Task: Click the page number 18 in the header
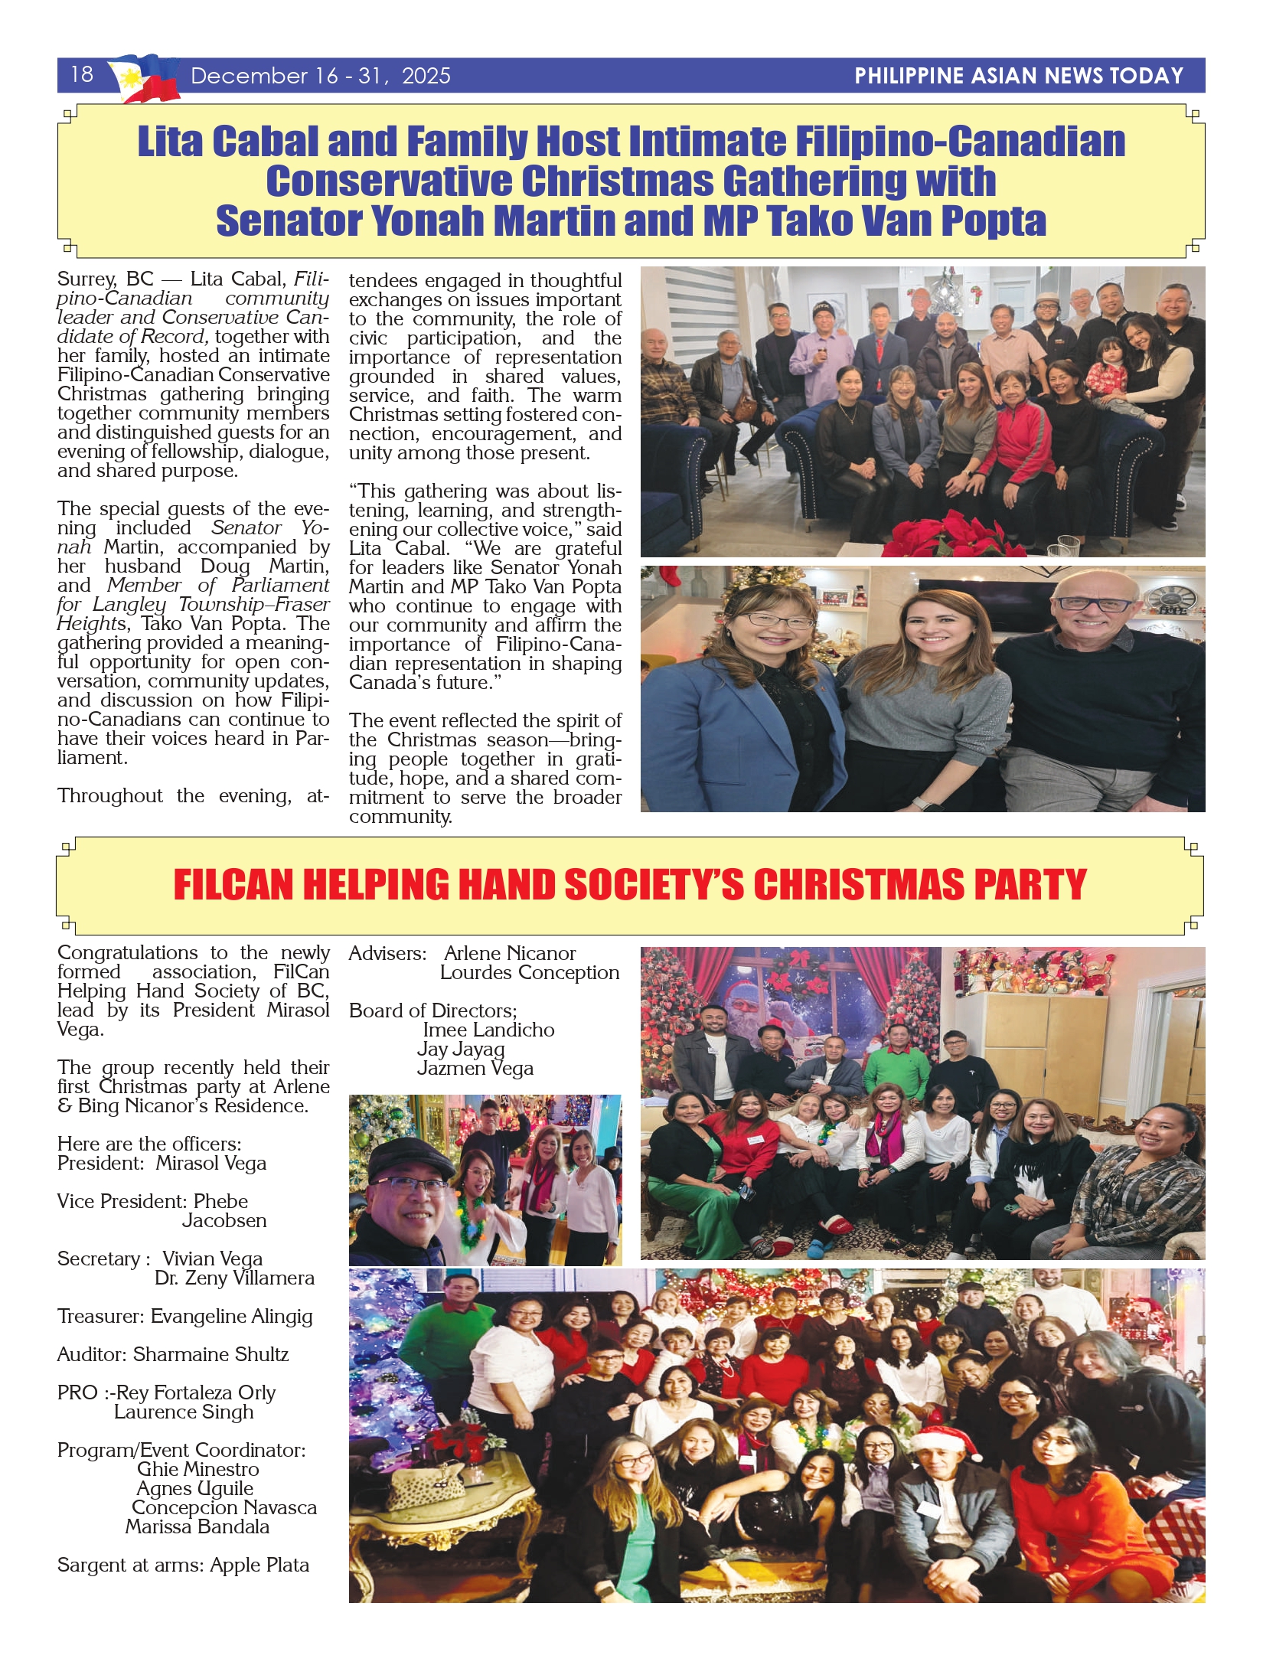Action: [81, 74]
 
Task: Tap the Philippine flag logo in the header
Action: [144, 78]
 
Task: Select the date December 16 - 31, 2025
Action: [320, 76]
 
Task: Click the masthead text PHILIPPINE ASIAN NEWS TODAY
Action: [1018, 76]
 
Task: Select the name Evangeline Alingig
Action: [231, 1316]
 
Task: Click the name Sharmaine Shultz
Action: [210, 1354]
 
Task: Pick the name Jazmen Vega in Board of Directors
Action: [475, 1068]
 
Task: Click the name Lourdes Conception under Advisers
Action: [529, 972]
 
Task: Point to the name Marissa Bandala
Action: [197, 1526]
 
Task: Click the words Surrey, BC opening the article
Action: [105, 279]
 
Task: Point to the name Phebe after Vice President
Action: [220, 1201]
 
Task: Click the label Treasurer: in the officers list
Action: [100, 1316]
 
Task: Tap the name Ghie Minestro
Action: [197, 1469]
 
